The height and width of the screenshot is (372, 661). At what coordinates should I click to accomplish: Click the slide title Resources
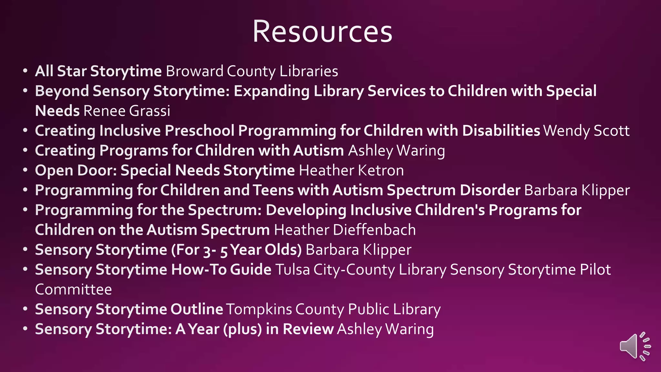point(322,31)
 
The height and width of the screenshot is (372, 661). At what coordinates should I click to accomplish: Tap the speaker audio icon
point(635,346)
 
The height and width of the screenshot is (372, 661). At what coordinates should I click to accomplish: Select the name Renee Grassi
point(127,111)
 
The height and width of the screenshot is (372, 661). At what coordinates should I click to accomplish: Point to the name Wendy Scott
point(586,131)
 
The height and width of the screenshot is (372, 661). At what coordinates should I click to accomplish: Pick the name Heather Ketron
point(351,170)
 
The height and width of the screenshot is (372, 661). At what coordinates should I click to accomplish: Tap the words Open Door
point(76,170)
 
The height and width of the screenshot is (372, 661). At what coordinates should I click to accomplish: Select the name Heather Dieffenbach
point(345,230)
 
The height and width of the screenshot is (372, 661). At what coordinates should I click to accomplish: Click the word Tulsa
point(292,270)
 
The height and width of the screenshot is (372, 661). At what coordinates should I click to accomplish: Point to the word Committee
point(73,290)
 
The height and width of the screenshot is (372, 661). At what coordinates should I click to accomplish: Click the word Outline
point(197,309)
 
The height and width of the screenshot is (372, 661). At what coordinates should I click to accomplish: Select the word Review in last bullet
point(308,329)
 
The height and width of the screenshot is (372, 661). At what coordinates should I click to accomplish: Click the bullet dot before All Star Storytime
point(25,71)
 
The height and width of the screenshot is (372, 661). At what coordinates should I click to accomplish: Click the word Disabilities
point(501,131)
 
